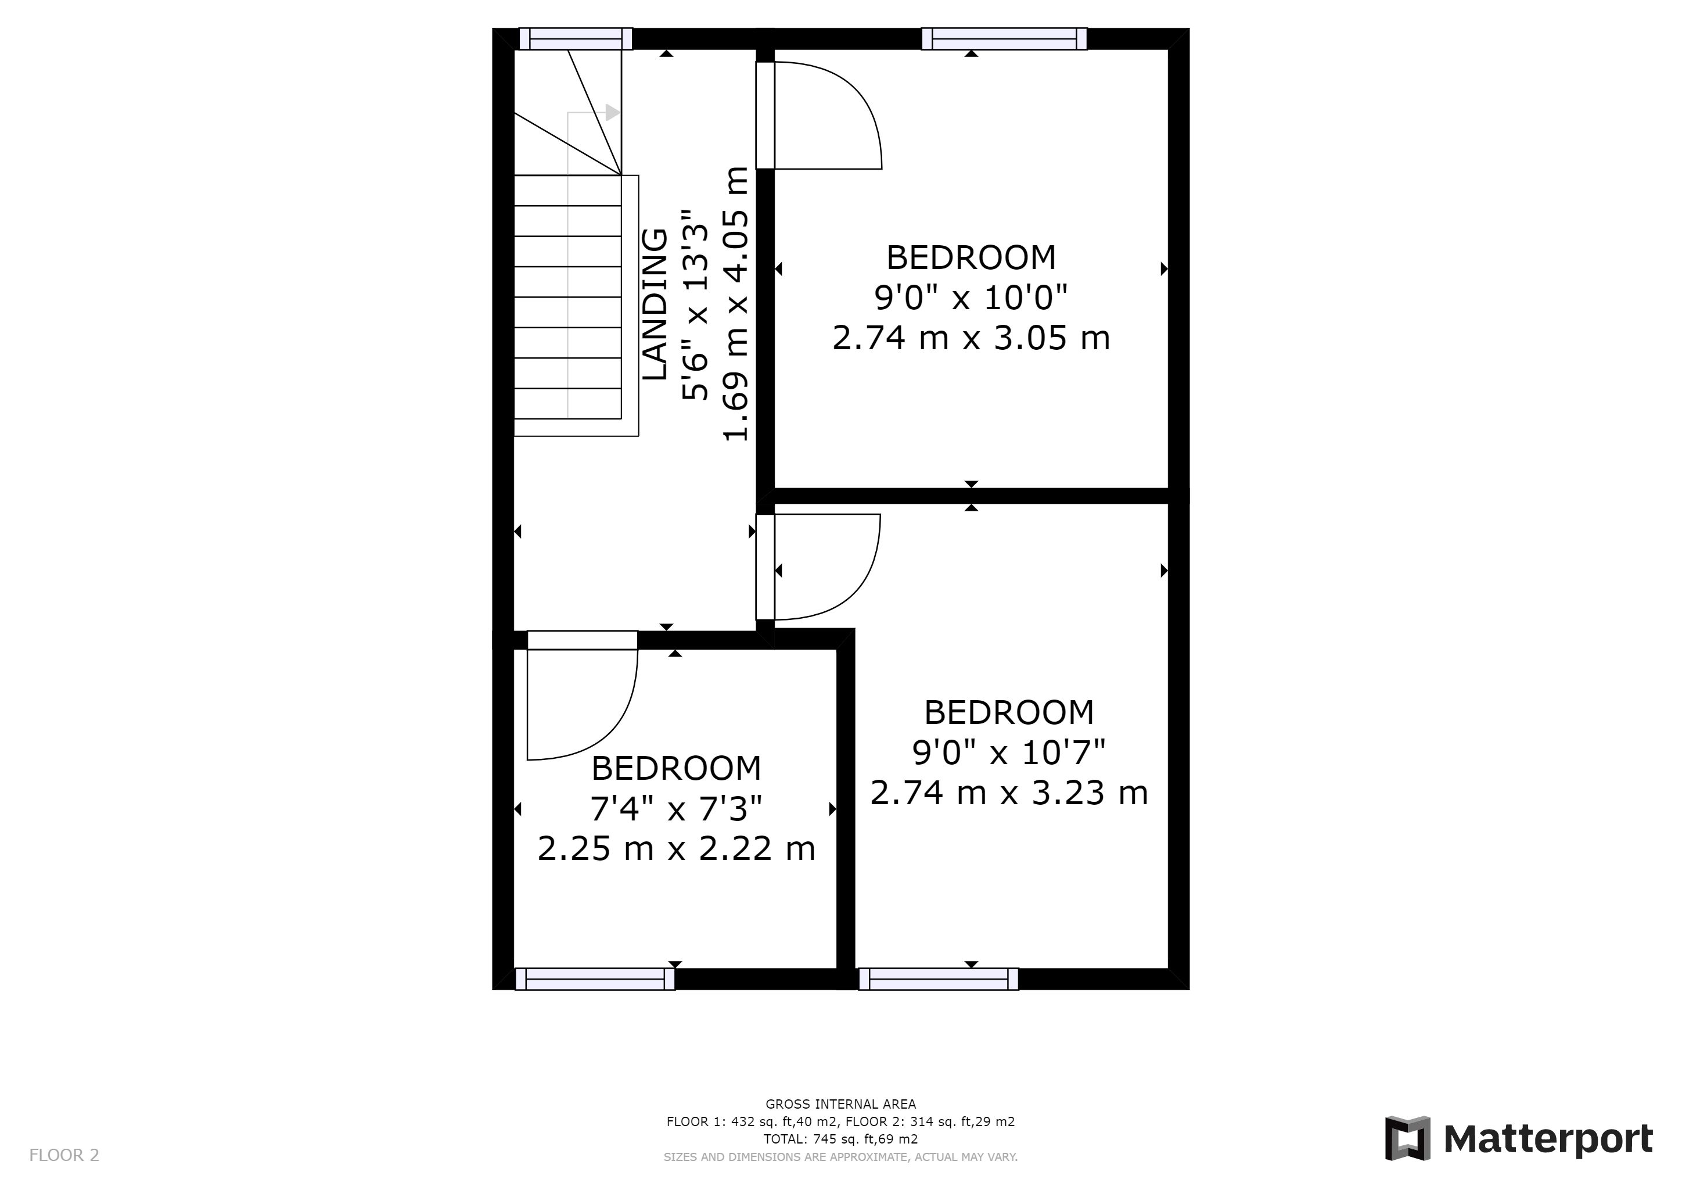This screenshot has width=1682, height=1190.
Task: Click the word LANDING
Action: pos(656,304)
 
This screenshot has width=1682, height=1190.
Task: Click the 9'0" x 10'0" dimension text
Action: pos(972,298)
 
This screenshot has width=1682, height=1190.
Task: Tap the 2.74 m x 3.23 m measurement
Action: pos(1009,793)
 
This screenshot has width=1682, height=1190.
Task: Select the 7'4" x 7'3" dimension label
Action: pos(676,809)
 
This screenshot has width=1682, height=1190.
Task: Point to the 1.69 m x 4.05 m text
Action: pos(736,303)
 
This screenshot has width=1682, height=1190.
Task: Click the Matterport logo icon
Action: pos(1407,1139)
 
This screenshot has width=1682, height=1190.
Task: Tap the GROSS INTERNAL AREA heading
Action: pos(840,1104)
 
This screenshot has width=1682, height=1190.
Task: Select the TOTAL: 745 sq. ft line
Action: pos(840,1139)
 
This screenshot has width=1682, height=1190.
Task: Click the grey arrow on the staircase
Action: pos(612,113)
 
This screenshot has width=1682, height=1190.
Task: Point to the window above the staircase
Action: pos(576,39)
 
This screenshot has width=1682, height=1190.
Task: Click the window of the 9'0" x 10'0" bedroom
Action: pos(1004,39)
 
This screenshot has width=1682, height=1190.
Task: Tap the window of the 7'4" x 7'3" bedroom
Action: pos(595,979)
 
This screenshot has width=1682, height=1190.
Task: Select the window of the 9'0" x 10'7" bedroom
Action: pos(939,979)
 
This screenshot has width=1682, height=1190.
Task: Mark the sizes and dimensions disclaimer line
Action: pos(840,1157)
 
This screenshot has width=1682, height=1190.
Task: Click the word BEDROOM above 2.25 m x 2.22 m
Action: pos(676,769)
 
